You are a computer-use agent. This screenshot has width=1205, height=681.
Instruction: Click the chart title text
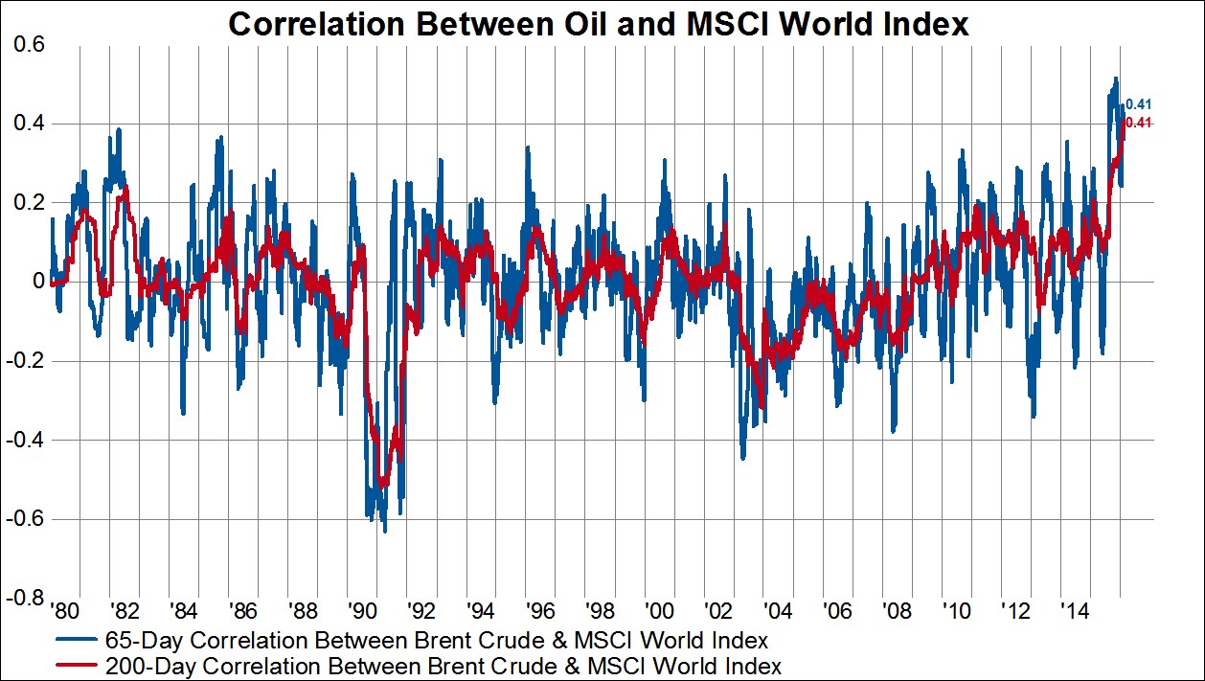[599, 26]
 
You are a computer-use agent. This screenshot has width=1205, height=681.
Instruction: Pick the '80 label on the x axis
[62, 610]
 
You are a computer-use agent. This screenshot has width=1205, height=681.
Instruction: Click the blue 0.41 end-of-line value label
[1139, 104]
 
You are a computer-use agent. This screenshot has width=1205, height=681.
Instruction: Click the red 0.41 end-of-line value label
[1139, 123]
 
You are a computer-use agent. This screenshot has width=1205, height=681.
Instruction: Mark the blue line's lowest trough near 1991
[385, 531]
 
